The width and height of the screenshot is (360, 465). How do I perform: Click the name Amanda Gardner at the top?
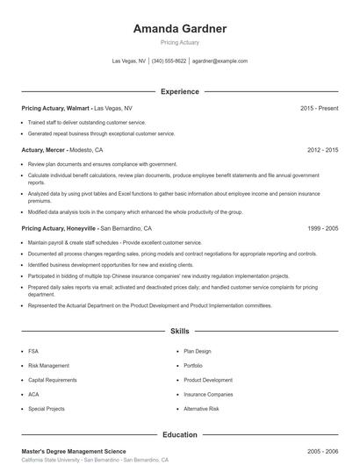pyautogui.click(x=179, y=29)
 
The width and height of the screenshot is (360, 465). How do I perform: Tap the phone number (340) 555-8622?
pyautogui.click(x=169, y=61)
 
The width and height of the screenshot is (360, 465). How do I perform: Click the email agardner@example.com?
pyautogui.click(x=220, y=61)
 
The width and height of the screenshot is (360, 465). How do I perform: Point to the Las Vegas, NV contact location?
pyautogui.click(x=129, y=61)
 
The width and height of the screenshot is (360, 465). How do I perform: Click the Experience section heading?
pyautogui.click(x=179, y=91)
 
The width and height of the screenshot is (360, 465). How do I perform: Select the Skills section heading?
pyautogui.click(x=179, y=332)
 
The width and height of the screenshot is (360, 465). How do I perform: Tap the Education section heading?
pyautogui.click(x=179, y=434)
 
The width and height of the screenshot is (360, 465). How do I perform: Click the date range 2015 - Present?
pyautogui.click(x=319, y=108)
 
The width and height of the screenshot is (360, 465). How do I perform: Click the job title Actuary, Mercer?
pyautogui.click(x=43, y=150)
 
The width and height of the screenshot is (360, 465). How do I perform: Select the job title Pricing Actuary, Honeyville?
pyautogui.click(x=59, y=227)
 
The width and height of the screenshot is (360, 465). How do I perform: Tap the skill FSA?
pyautogui.click(x=33, y=351)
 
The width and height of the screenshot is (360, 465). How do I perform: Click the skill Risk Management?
pyautogui.click(x=48, y=365)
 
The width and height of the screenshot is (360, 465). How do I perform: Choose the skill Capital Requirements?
pyautogui.click(x=54, y=380)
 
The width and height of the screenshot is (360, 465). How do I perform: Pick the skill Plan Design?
pyautogui.click(x=198, y=351)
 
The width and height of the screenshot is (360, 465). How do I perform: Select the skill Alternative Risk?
pyautogui.click(x=201, y=409)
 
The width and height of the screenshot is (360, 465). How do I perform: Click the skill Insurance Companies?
pyautogui.click(x=208, y=394)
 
